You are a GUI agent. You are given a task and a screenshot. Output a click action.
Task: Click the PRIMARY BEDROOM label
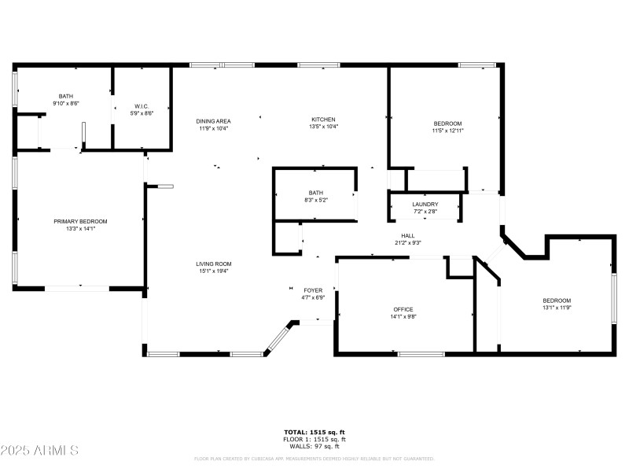point(80,221)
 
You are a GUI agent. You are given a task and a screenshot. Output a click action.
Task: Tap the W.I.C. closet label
point(142,106)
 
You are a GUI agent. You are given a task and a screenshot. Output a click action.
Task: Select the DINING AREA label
point(212,120)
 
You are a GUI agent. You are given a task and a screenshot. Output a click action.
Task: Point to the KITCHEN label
point(323,120)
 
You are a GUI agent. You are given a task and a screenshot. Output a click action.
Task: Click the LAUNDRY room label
point(425,205)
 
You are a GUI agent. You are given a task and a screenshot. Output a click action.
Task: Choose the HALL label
point(408,235)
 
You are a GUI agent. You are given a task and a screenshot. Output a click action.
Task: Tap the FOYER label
point(313,290)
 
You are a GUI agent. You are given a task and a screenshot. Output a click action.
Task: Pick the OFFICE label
point(403,309)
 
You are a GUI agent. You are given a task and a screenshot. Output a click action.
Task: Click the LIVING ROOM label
point(214,264)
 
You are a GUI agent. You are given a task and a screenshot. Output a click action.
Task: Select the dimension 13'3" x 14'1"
point(80,229)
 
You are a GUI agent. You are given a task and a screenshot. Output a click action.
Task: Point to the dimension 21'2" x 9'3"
point(408,243)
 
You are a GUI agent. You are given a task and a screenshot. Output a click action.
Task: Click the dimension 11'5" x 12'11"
point(447,131)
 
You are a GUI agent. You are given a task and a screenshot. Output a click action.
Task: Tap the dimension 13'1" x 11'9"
point(557,308)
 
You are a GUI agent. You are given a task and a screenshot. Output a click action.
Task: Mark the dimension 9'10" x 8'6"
point(66,103)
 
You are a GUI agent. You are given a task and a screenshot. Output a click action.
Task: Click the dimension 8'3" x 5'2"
point(316,200)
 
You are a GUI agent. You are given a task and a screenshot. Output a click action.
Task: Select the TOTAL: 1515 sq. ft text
point(314,432)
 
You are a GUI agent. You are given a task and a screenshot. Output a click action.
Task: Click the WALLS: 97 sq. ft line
point(314,446)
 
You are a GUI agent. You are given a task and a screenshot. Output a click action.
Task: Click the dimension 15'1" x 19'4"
point(214,271)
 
